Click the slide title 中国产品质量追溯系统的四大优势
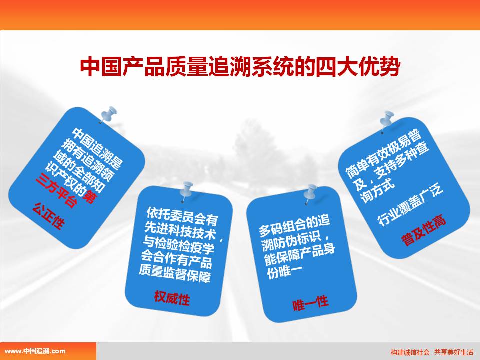[x=240, y=66]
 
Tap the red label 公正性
[x=49, y=215]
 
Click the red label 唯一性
[x=310, y=303]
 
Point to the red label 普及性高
[x=424, y=230]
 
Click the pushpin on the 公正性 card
[x=108, y=114]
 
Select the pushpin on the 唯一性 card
[x=310, y=194]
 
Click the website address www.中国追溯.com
[x=35, y=351]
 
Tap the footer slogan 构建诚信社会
[x=410, y=352]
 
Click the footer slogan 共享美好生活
[x=454, y=352]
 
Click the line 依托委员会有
[x=182, y=216]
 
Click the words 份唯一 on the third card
[x=285, y=272]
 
